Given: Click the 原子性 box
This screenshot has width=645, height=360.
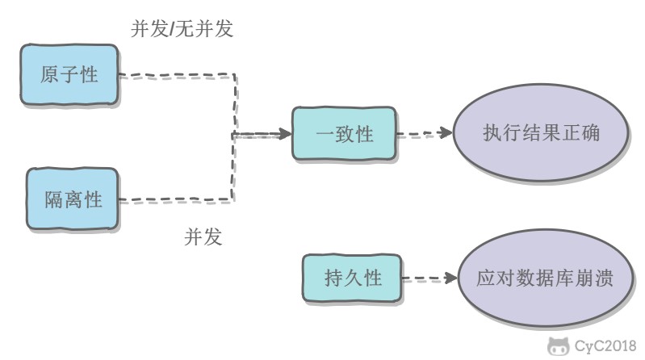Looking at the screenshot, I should click(69, 76).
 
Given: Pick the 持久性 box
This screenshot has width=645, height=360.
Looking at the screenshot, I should click(352, 280).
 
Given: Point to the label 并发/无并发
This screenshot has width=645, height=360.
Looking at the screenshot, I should click(182, 30).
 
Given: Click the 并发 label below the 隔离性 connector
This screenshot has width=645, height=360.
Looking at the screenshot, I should click(203, 237).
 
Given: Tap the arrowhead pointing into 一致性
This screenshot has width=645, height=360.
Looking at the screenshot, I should click(282, 134).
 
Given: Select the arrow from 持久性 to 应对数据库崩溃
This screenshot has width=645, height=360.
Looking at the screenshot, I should click(428, 280).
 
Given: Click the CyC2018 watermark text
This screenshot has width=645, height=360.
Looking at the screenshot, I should click(605, 347).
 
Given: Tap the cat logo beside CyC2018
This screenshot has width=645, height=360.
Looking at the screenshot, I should click(558, 347).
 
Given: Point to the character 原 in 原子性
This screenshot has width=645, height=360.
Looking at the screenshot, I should click(50, 76).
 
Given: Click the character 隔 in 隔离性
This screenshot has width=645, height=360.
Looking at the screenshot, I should click(53, 199).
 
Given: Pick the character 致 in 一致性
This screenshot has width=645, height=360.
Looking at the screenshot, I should click(345, 135).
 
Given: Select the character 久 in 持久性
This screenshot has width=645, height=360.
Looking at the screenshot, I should click(352, 280).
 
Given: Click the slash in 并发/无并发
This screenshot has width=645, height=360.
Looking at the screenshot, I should click(171, 30).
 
